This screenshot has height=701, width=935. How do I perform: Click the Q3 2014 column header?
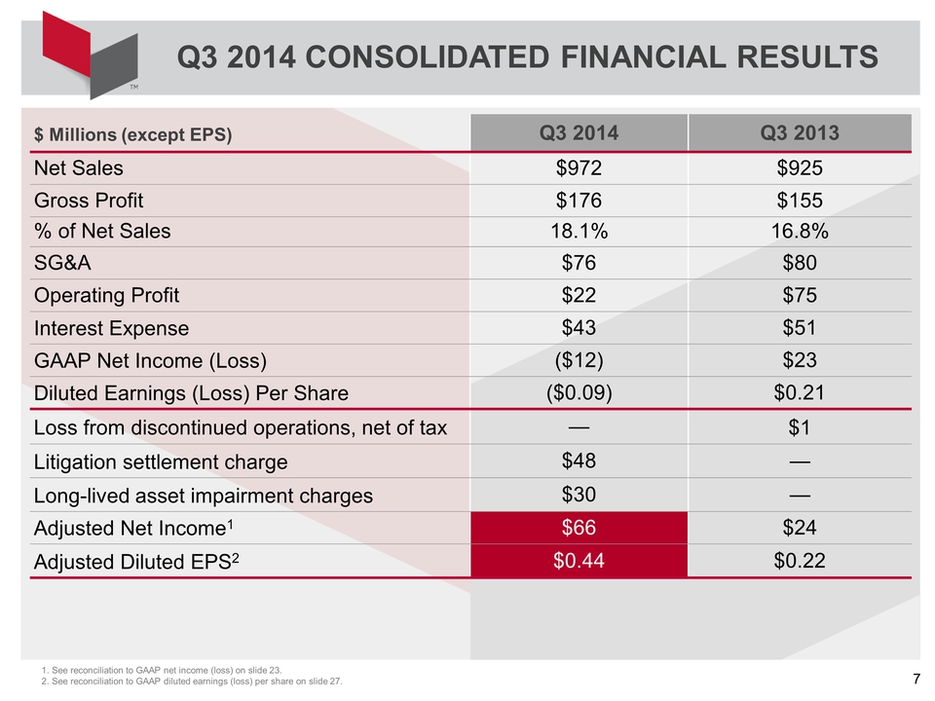point(579,132)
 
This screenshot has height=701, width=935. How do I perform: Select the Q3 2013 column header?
point(800,132)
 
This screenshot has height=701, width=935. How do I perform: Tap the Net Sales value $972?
point(579,168)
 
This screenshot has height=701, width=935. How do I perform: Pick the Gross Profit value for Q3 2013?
point(800,201)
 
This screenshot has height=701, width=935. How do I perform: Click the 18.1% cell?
point(579,232)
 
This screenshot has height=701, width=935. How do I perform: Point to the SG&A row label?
point(62,263)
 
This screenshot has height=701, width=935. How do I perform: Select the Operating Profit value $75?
point(800,295)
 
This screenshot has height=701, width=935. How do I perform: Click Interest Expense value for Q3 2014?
point(579,328)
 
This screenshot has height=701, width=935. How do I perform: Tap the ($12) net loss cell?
point(579,360)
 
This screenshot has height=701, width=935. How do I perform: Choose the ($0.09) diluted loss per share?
point(579,392)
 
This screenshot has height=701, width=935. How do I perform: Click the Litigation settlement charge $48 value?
point(579,461)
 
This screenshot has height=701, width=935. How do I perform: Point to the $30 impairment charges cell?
point(579,495)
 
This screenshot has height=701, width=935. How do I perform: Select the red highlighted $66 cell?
point(579,528)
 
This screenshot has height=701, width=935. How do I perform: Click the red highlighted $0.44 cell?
point(579,561)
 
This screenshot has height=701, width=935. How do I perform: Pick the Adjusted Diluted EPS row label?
point(136,562)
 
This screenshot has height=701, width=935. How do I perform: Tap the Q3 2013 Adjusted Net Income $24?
point(800,528)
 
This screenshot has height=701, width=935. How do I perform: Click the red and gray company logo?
point(90,55)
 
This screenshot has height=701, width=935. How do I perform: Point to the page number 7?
point(916,679)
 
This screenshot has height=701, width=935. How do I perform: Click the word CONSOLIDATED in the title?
point(427,57)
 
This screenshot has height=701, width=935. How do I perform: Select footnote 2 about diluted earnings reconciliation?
point(192,682)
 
